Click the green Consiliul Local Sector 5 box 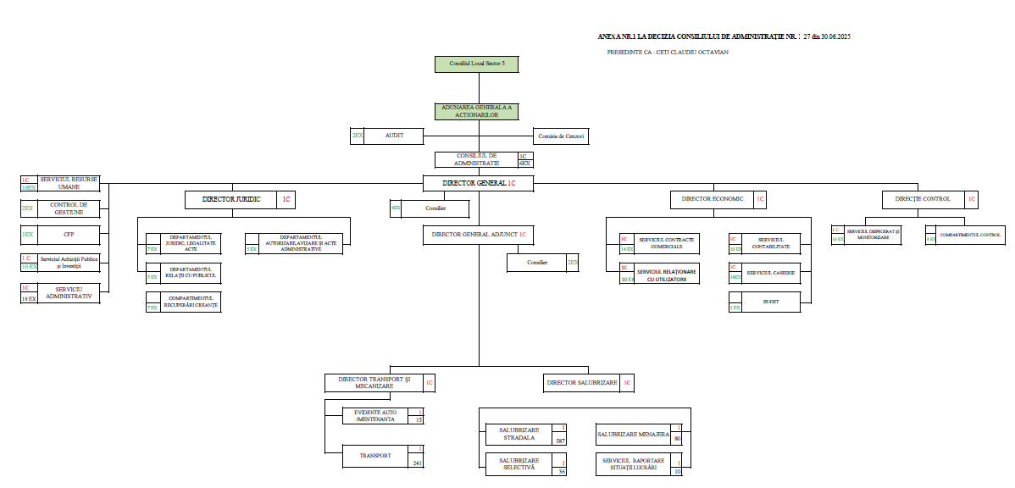[x=475, y=64]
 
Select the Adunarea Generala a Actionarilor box [x=475, y=111]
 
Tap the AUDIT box [x=394, y=136]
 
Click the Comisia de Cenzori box [x=562, y=136]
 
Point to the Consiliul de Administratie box [x=477, y=159]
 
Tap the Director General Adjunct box [x=479, y=235]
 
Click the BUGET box [x=770, y=302]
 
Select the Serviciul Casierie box [x=770, y=273]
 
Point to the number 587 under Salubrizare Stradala [x=560, y=441]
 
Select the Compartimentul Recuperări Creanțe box [x=183, y=302]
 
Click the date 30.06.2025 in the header [x=835, y=38]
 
